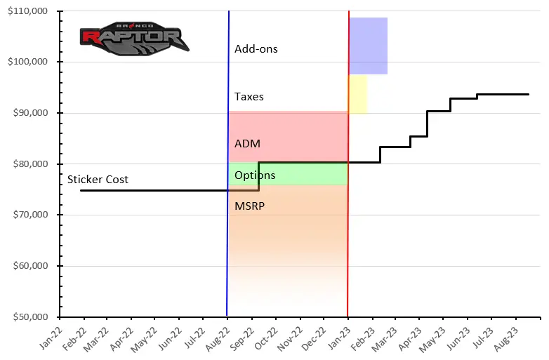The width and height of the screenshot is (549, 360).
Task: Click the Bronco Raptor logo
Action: pos(133,39)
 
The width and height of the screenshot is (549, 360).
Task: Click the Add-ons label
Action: pos(256,49)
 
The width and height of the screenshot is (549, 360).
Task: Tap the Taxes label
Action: pos(249,97)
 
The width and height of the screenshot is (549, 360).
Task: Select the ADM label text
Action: pos(247,144)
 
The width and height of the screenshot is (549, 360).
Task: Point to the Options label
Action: pos(254,175)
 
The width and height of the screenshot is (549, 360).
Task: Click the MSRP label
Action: pos(249,206)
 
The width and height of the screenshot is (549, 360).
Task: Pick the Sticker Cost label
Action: pos(98,180)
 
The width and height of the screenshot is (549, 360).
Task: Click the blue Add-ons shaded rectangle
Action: pos(368,46)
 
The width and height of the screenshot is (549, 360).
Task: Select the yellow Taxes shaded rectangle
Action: pos(357,94)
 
